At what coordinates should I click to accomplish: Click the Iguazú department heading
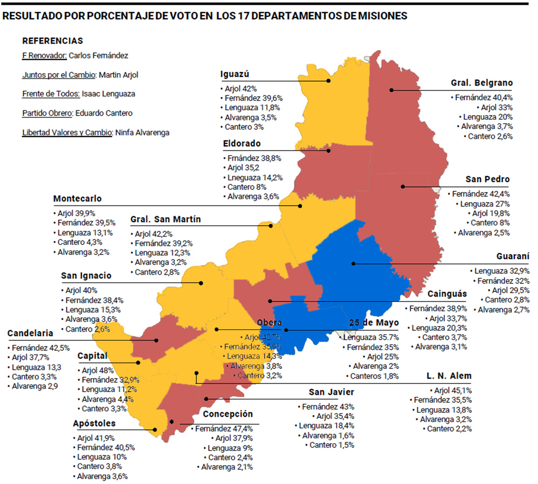pos(234,74)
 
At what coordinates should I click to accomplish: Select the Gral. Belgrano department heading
pos(482,83)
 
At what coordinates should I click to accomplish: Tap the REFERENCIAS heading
pos(53,41)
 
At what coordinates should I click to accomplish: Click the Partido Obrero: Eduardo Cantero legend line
pos(77,113)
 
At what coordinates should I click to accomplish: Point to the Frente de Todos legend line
pos(79,94)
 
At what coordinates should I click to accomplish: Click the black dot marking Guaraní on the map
pos(353,264)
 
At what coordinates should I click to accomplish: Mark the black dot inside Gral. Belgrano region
pos(392,90)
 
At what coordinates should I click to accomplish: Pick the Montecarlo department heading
pos(77,198)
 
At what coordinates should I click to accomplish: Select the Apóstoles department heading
pos(94,423)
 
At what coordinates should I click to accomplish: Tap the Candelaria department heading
pos(30,333)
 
